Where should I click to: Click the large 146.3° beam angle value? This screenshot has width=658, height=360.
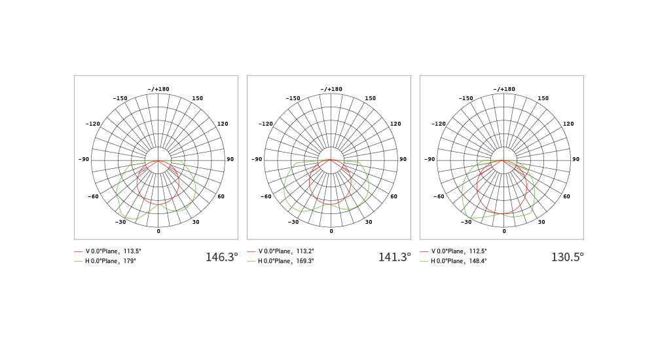pos(221,257)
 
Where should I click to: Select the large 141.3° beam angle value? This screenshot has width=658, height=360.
pos(394,257)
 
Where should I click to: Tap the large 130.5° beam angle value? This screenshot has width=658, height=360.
pos(568,257)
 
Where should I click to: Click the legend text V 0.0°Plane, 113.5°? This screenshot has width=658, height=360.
pos(113,251)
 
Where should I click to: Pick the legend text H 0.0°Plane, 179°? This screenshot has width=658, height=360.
pos(111,261)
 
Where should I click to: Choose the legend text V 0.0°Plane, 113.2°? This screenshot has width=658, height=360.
pos(286,251)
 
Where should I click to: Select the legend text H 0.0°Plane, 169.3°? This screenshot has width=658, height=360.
pos(285,261)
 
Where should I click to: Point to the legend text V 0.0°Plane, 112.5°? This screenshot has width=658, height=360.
pos(459,251)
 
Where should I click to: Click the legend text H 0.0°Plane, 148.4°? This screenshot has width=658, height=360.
pos(459,261)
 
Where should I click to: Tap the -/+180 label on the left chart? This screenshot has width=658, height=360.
pos(158,89)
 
